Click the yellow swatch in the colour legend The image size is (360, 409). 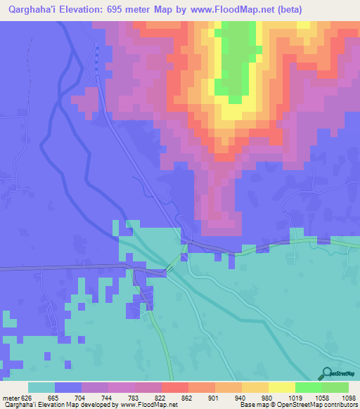coord(281,387)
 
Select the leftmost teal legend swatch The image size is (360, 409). coord(41,387)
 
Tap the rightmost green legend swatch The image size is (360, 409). coord(335,387)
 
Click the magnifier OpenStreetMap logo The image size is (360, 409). coord(326,374)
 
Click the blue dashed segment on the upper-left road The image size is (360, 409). coord(97,58)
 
